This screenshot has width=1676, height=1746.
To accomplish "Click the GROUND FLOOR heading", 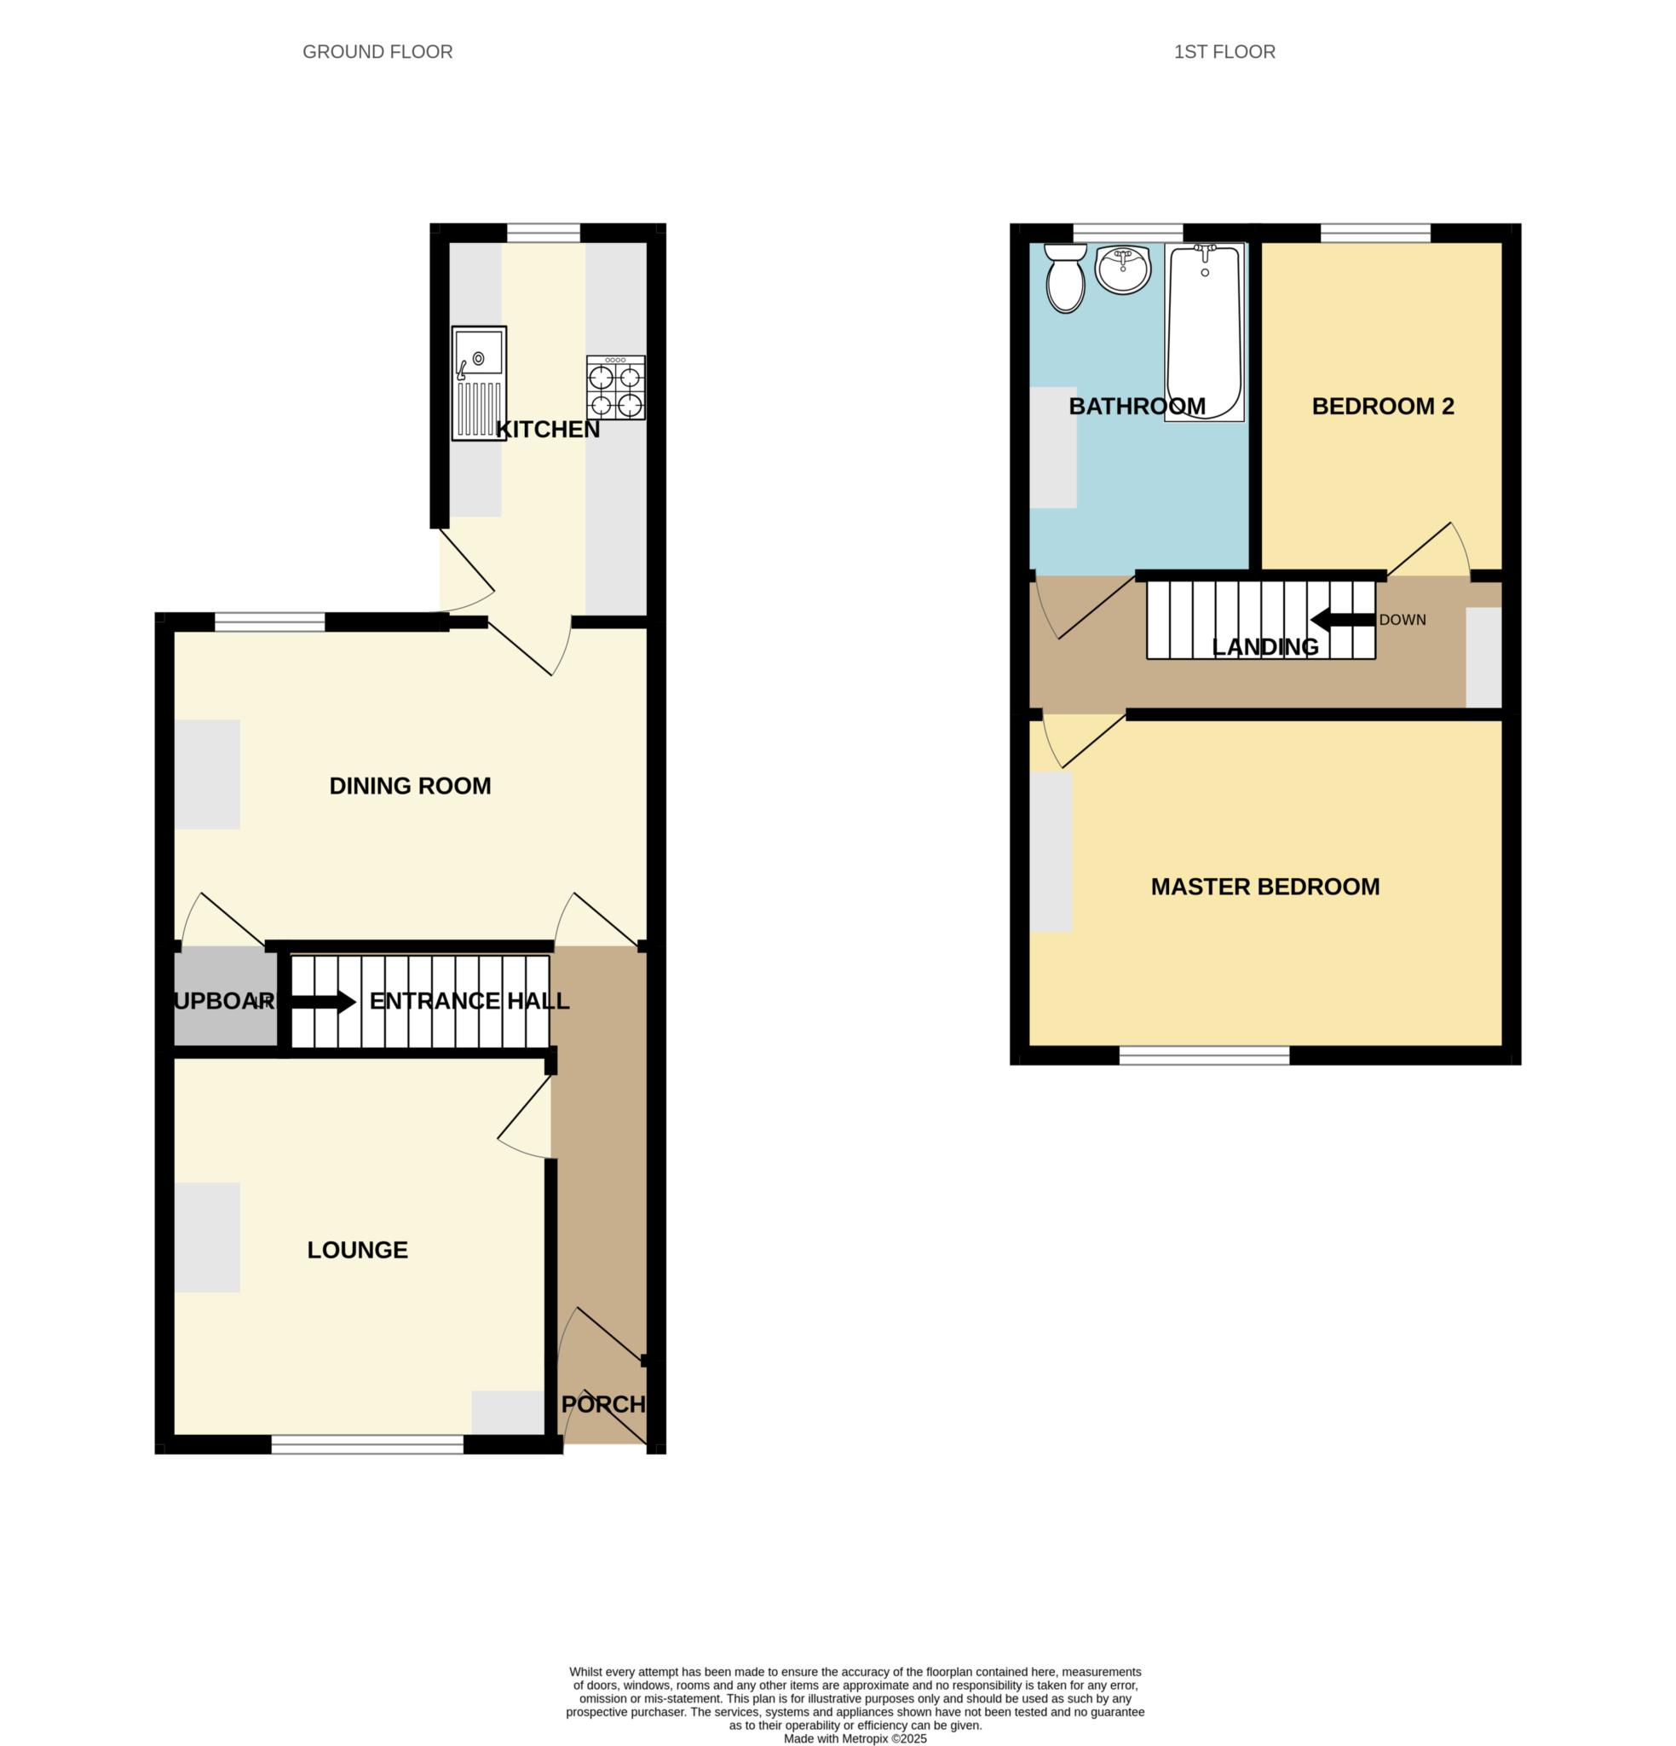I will tap(377, 52).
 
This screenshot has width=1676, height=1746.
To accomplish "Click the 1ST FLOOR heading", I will tap(1224, 52).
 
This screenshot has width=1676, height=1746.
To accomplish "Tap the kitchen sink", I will tap(478, 383).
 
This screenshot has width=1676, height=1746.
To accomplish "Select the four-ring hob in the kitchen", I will tap(615, 388).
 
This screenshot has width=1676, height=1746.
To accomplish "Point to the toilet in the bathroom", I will tap(1065, 279).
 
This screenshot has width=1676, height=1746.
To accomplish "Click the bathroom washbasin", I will tap(1123, 269).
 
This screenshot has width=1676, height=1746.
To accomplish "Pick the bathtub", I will tap(1204, 332).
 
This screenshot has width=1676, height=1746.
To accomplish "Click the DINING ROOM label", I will tap(410, 786).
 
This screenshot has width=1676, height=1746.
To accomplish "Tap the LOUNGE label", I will tap(357, 1250).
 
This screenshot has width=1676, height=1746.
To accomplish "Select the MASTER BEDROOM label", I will tap(1264, 887).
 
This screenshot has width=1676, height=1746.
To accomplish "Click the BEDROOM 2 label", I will tap(1382, 406).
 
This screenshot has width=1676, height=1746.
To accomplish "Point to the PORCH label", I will tap(603, 1405).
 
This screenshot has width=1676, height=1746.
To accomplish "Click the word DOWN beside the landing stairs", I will tap(1402, 620).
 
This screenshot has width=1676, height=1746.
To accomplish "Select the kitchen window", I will tap(544, 234).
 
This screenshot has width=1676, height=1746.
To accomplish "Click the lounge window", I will tap(367, 1445).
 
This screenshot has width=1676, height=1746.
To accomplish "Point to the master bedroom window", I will tap(1203, 1055).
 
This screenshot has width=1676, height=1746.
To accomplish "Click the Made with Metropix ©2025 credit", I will tap(855, 1738).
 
